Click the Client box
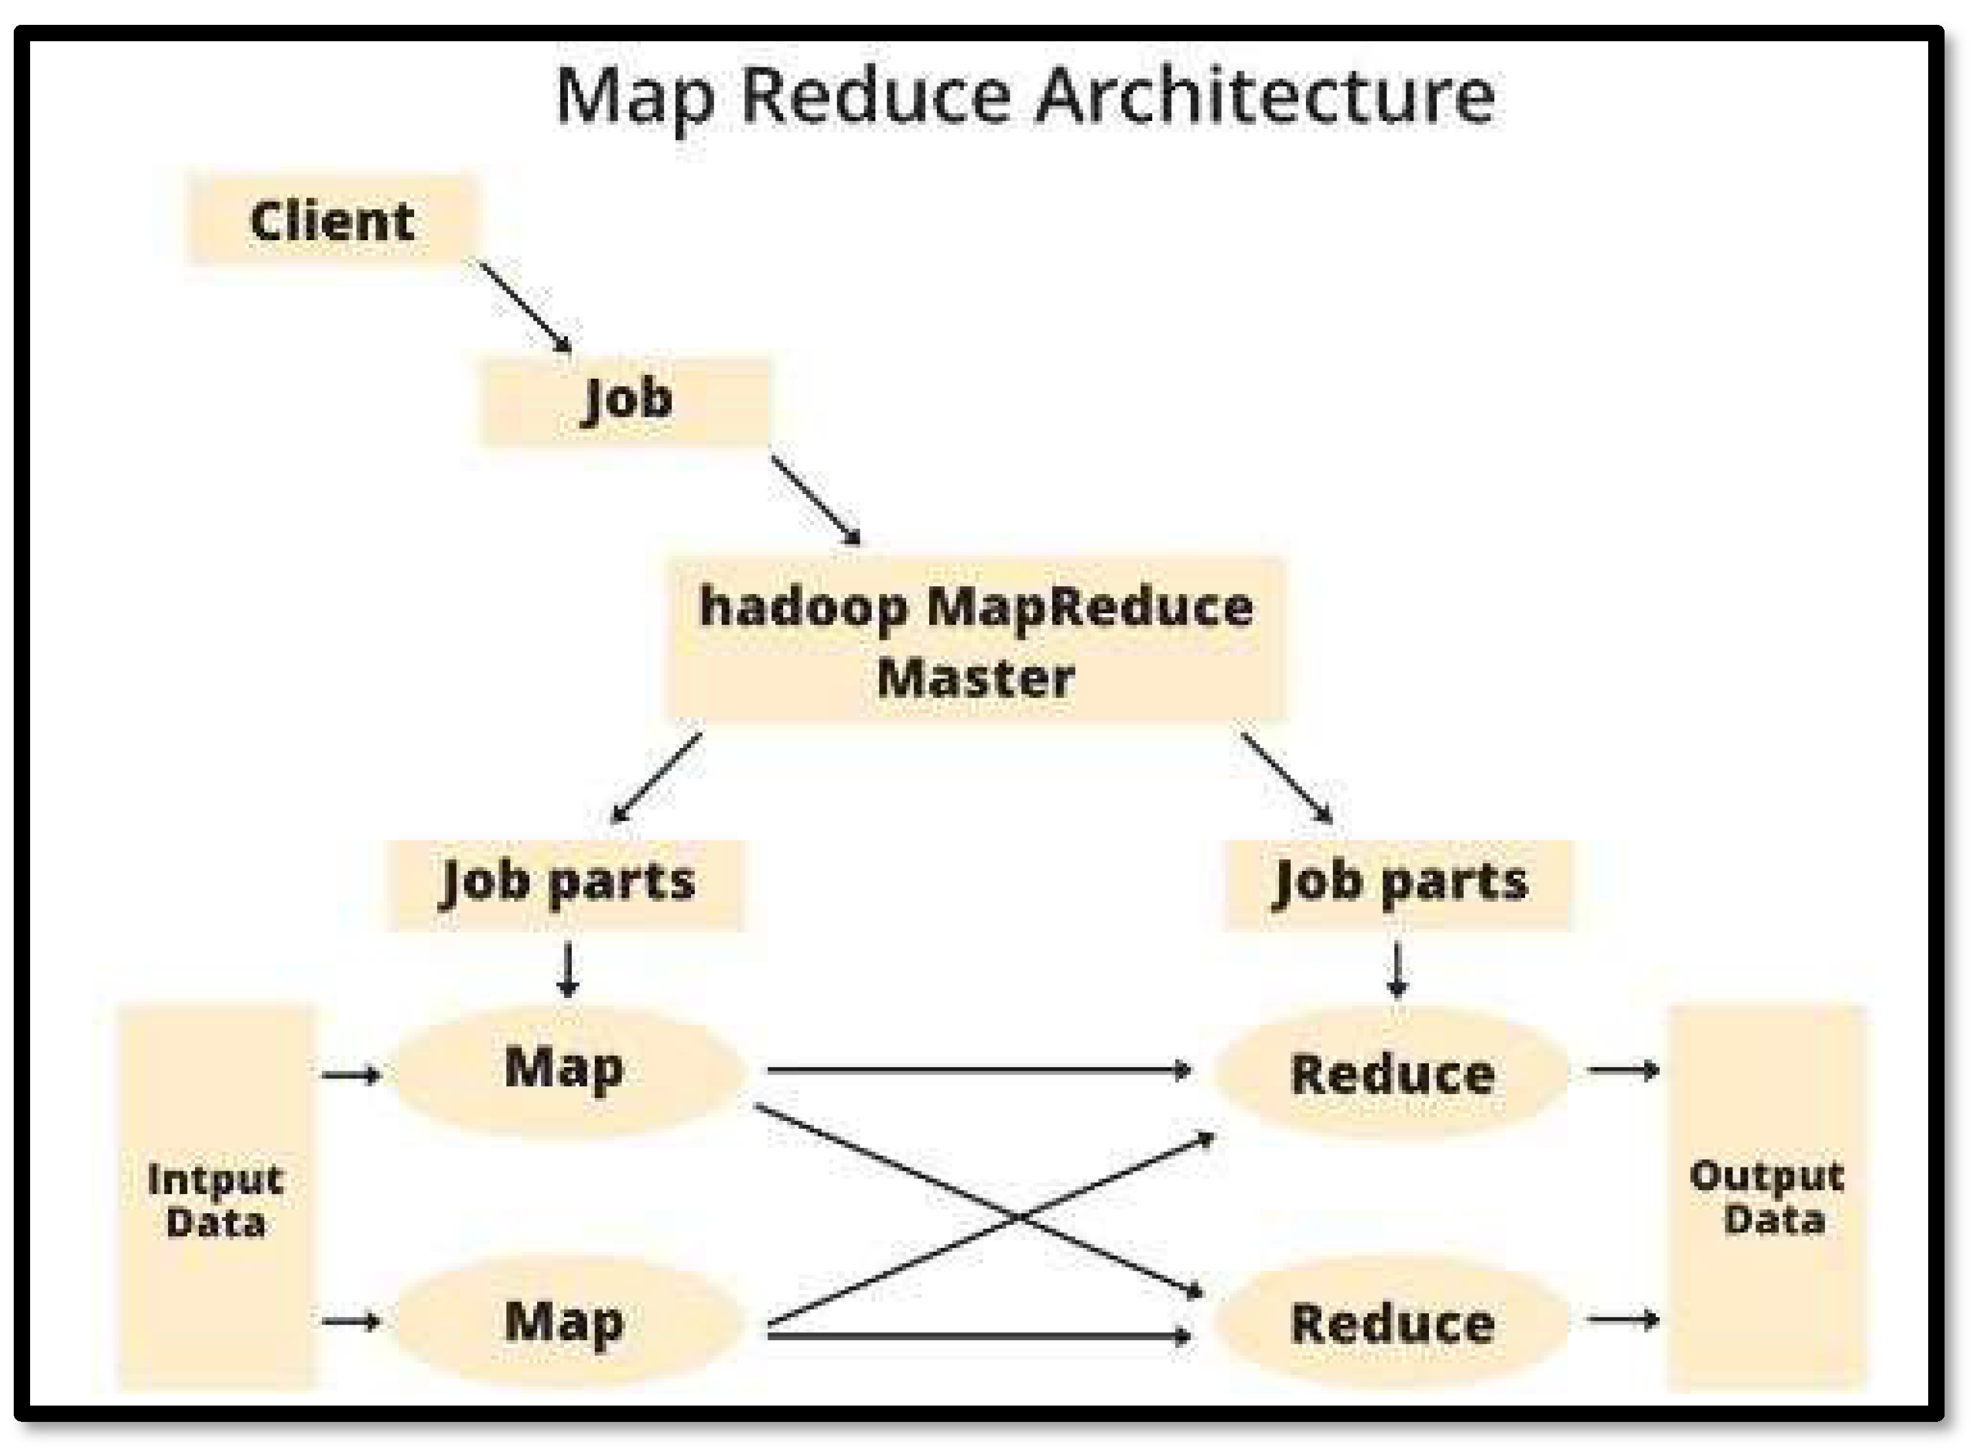click(x=332, y=220)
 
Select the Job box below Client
click(x=626, y=400)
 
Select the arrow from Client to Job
click(x=525, y=306)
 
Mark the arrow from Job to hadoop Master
click(x=816, y=501)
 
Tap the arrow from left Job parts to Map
click(x=568, y=969)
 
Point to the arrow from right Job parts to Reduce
click(x=1397, y=969)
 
